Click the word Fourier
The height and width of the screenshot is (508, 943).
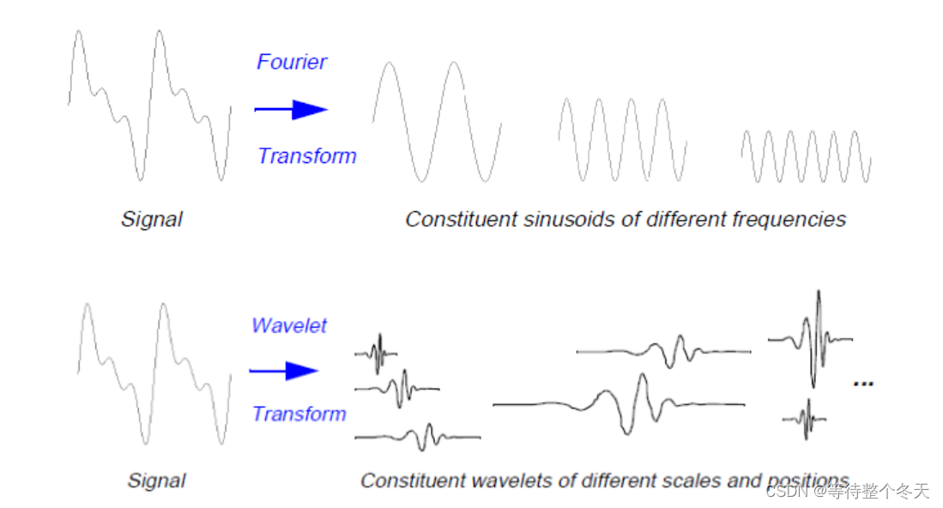(292, 62)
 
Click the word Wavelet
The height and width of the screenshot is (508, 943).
(289, 326)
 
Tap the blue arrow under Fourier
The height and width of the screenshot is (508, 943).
(292, 109)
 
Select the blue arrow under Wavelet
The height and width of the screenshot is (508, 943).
(285, 371)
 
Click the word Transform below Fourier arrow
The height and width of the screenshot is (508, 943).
(306, 156)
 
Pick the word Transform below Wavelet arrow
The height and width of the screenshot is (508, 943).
(299, 414)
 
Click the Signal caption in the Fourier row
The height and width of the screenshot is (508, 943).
(151, 220)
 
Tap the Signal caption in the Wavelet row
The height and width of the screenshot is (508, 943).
(156, 481)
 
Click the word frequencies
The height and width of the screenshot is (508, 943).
(789, 220)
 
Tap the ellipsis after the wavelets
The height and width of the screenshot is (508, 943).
(862, 383)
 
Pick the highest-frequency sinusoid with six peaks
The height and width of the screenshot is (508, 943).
(807, 155)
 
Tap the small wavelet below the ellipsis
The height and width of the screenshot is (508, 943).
(805, 419)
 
